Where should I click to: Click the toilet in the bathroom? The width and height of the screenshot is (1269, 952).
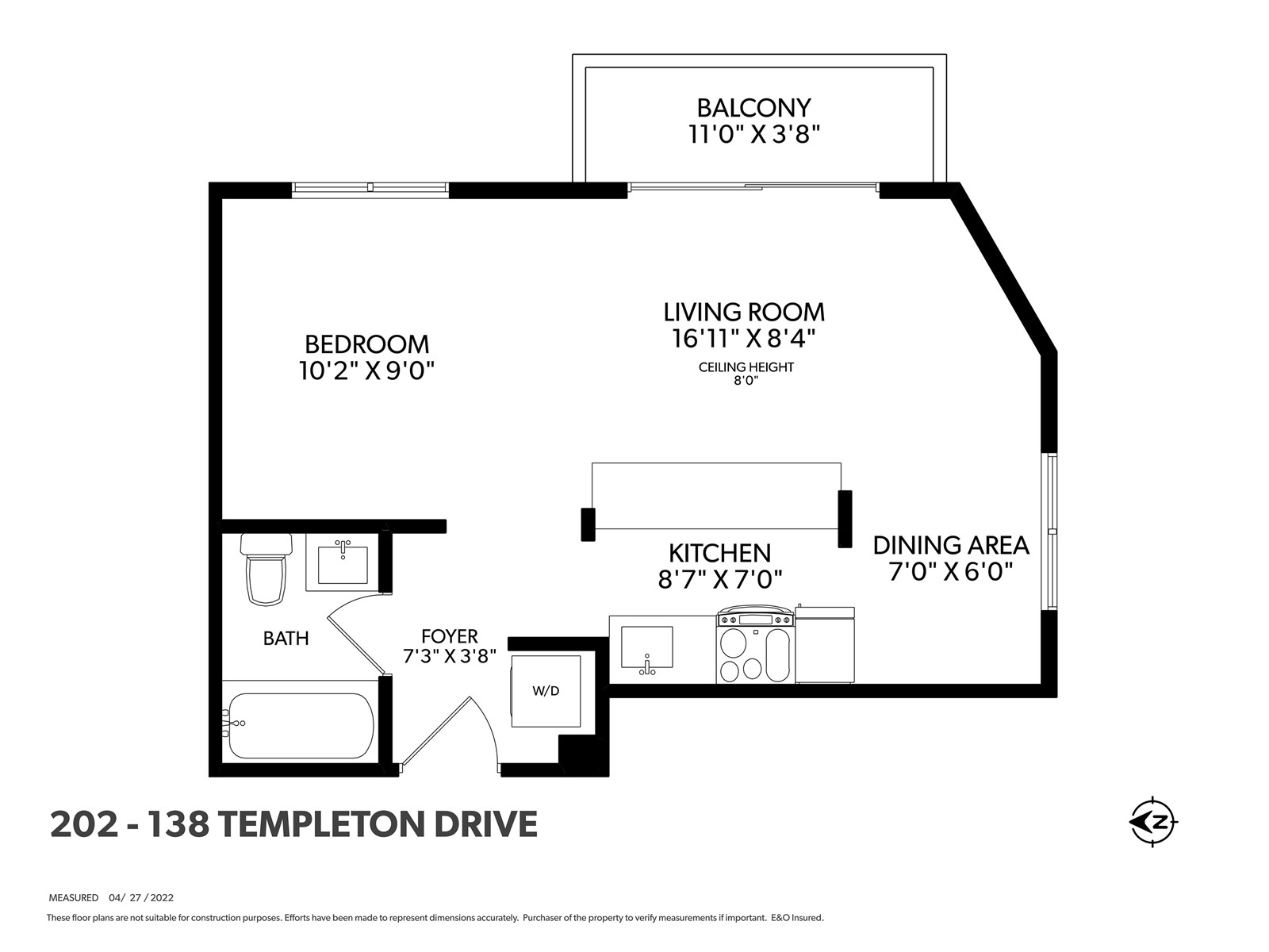[266, 569]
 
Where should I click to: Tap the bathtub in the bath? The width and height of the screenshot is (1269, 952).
[301, 725]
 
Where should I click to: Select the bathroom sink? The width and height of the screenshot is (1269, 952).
[343, 562]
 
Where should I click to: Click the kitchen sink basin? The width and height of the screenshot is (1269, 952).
[647, 647]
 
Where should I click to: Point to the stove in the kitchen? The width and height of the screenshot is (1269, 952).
[755, 644]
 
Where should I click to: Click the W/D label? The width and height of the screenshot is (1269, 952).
[546, 691]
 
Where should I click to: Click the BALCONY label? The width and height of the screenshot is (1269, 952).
[754, 108]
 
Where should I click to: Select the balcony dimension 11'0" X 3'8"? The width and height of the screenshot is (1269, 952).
[754, 135]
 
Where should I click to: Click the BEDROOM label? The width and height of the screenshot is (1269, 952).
[366, 344]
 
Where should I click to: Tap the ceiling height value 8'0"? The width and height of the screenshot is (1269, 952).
[746, 381]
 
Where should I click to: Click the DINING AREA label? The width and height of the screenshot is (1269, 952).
[951, 545]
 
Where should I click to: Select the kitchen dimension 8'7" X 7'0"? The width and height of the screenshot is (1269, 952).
[720, 579]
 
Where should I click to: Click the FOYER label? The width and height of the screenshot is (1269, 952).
[449, 636]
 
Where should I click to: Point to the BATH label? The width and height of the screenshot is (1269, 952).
[286, 639]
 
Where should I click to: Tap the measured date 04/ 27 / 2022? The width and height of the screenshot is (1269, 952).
[141, 898]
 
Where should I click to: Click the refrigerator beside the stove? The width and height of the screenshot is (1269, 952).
[825, 644]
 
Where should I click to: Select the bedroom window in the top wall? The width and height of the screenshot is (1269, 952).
[370, 187]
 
